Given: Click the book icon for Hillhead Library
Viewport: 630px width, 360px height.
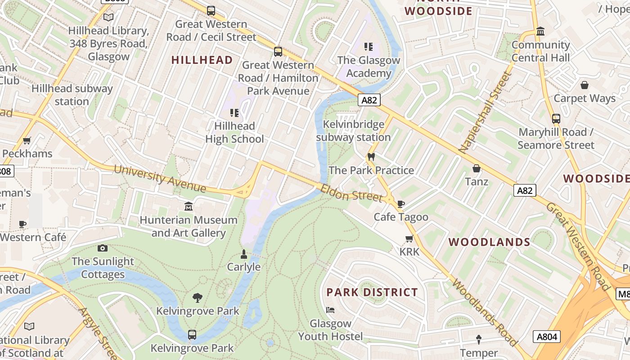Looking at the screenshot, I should [x=108, y=17].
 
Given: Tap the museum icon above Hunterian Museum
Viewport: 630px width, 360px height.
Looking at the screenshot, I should [x=189, y=206].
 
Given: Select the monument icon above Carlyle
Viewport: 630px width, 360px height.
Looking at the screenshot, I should [x=243, y=254].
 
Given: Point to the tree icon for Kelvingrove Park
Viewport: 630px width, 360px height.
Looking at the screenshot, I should [x=197, y=297].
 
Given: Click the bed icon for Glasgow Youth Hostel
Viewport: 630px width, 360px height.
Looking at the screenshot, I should [x=330, y=310].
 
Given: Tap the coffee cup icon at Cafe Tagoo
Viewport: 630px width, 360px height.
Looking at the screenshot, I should [x=401, y=204].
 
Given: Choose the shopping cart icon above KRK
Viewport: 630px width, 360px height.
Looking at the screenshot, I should [x=409, y=238].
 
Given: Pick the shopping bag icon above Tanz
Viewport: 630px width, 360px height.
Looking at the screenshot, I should [x=477, y=168].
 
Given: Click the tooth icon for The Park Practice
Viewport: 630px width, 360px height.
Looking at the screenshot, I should [x=371, y=157].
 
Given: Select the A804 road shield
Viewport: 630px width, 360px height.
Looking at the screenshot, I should [x=547, y=336].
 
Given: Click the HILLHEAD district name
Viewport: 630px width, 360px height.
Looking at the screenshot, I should [x=202, y=60].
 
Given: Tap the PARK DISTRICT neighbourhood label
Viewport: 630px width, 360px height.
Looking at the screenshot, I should [x=372, y=292].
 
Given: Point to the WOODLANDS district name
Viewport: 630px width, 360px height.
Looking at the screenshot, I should [x=490, y=242].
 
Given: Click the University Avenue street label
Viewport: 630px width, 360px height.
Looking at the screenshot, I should [x=159, y=178].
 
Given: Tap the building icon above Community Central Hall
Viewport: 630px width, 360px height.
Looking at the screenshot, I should [x=540, y=31].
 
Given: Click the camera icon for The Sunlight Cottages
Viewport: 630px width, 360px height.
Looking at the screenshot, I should [x=103, y=248].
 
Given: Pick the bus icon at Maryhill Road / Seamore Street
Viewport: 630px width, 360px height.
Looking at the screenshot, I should [x=556, y=119].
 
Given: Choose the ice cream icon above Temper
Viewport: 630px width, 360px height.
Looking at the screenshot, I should [x=479, y=339].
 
